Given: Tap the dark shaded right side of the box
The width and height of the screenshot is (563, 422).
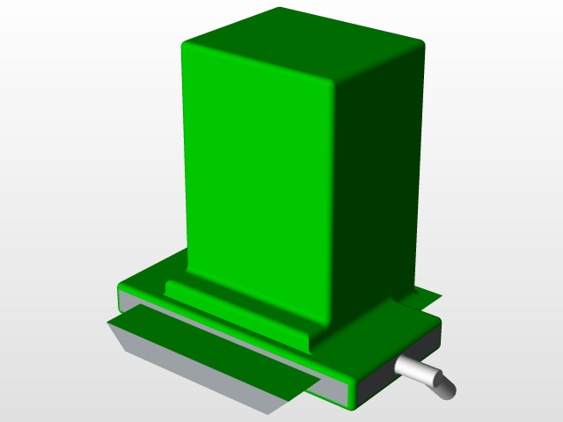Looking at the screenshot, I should pos(374,176).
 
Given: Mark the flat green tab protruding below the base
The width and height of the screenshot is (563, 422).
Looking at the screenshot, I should pos(211,352).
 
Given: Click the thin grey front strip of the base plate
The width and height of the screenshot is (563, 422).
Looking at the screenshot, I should pos(229,338).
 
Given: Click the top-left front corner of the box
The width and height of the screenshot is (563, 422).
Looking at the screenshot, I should pos(184,45).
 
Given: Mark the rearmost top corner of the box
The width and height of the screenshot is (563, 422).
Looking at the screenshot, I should pos(280,10).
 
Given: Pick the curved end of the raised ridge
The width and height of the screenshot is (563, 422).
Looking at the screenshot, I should pos(310,338).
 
